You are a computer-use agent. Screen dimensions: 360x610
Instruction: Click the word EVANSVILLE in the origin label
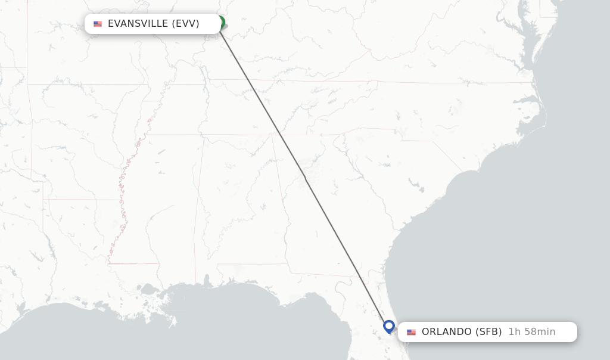pyautogui.click(x=138, y=24)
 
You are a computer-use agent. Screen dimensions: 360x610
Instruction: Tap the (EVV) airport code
pyautogui.click(x=185, y=24)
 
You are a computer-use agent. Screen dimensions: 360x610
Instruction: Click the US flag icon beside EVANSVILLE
pyautogui.click(x=98, y=24)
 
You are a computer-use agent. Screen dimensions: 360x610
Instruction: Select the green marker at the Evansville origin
pyautogui.click(x=221, y=23)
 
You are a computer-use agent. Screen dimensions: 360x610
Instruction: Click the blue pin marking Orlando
pyautogui.click(x=389, y=326)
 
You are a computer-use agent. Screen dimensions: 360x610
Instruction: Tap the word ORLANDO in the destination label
pyautogui.click(x=447, y=332)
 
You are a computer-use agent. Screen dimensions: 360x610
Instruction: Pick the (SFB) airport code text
pyautogui.click(x=488, y=332)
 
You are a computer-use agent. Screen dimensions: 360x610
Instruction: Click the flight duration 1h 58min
pyautogui.click(x=531, y=332)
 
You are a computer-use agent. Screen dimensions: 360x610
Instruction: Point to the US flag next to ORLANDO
pyautogui.click(x=411, y=332)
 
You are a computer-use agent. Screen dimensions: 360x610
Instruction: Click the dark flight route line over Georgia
pyautogui.click(x=322, y=209)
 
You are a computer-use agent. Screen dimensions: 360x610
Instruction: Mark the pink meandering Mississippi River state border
pyautogui.click(x=122, y=197)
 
